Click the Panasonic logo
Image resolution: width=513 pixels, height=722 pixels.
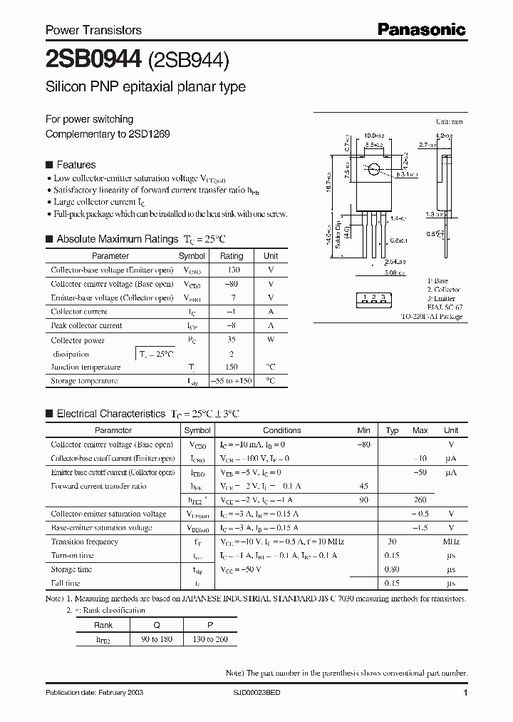[x=421, y=29]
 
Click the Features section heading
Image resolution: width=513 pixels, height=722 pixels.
[x=76, y=164]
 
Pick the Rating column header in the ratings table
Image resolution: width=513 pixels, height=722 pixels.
[x=232, y=255]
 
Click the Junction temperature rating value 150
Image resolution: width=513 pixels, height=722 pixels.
[x=232, y=367]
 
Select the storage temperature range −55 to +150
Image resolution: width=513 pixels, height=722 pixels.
[x=232, y=381]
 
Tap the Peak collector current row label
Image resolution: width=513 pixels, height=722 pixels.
[x=86, y=325]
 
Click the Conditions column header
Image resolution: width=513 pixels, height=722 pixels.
[x=282, y=430]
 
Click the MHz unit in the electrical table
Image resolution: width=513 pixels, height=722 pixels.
[x=451, y=541]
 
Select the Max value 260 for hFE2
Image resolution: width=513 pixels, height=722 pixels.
[x=420, y=500]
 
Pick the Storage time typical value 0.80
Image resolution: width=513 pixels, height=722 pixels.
[x=391, y=569]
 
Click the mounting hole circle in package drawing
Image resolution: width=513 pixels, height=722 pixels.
[x=373, y=169]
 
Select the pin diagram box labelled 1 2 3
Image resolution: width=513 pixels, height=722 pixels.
[x=373, y=297]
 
